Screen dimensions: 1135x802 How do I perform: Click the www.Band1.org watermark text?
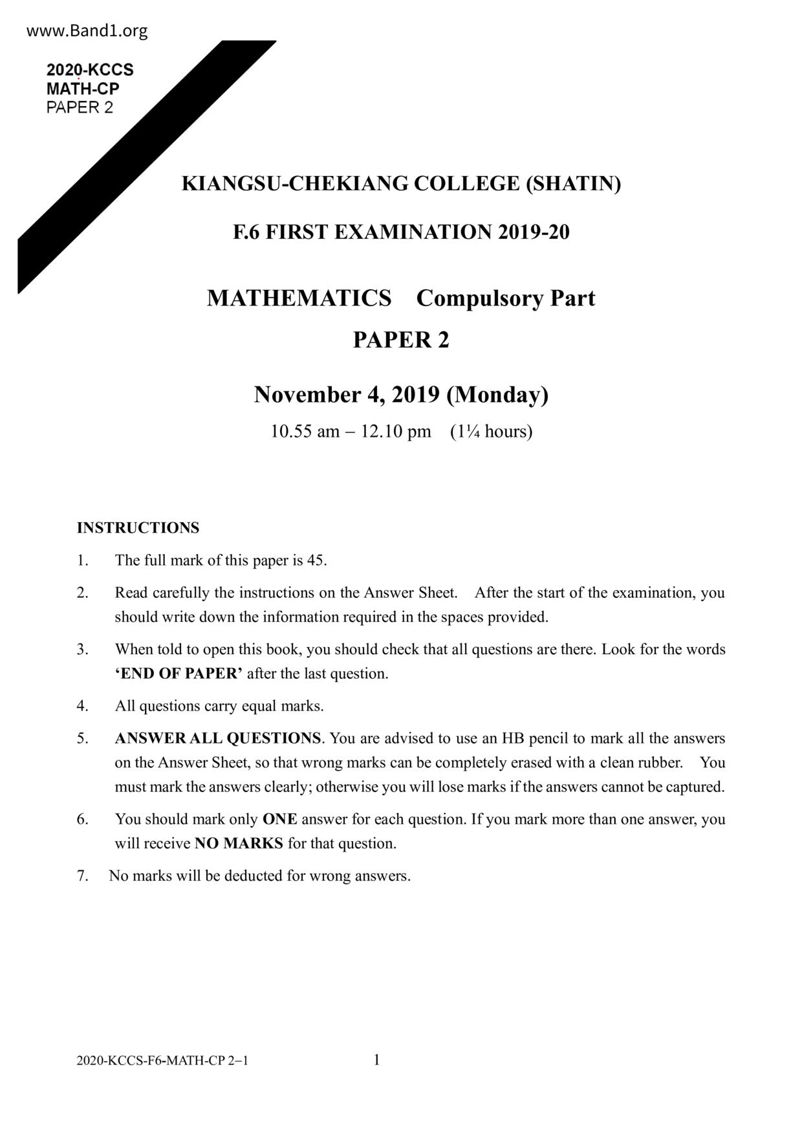[87, 31]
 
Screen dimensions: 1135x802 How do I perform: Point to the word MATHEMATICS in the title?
[299, 298]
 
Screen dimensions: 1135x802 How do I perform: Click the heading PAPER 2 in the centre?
[400, 340]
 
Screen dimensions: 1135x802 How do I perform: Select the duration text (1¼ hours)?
[491, 432]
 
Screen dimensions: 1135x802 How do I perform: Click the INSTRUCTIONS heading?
[138, 528]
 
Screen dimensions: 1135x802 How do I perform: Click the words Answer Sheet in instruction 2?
[410, 593]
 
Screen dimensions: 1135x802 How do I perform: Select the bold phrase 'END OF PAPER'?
[179, 674]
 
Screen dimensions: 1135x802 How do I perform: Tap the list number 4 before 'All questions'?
[82, 706]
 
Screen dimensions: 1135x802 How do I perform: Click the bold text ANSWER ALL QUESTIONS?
[217, 738]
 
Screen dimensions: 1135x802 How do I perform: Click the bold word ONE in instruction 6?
[279, 819]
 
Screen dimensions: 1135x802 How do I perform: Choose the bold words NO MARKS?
[239, 844]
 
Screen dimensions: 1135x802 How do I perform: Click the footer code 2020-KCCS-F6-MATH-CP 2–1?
[162, 1061]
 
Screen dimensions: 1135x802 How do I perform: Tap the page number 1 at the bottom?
[376, 1059]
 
